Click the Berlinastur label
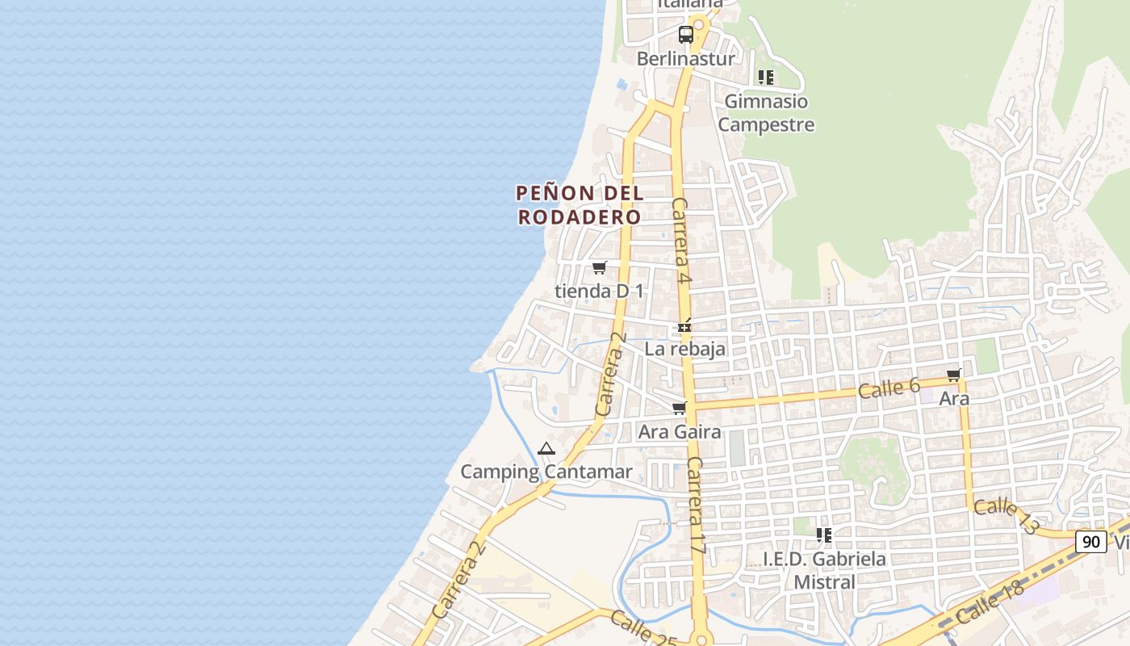click(685, 59)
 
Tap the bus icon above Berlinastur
click(686, 35)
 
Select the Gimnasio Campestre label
click(766, 113)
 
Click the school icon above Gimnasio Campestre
click(766, 78)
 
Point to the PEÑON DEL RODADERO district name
click(580, 205)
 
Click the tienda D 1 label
click(599, 291)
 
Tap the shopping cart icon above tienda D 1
click(599, 267)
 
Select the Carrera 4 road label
click(682, 241)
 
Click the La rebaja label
click(684, 349)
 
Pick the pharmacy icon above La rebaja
click(684, 327)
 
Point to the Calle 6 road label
click(889, 388)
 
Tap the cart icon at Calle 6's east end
click(954, 375)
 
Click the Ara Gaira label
click(680, 432)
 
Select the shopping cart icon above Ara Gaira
click(680, 408)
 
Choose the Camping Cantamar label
click(546, 472)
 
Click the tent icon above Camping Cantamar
click(546, 448)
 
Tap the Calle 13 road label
click(1006, 516)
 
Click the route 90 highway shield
click(1090, 542)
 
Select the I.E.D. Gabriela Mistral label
click(824, 570)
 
